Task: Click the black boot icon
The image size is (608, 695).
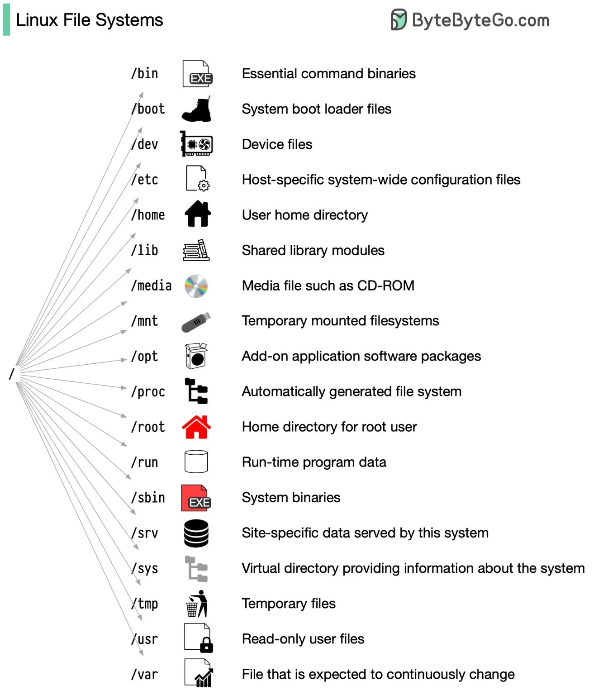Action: coord(196,109)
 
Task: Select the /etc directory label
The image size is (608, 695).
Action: coord(145,180)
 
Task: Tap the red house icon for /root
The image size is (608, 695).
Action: coord(196,427)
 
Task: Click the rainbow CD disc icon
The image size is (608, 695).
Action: coord(196,286)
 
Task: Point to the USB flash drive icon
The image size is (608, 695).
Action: coord(196,322)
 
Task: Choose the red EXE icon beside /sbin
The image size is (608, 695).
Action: coord(196,498)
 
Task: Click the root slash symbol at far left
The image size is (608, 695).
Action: coord(12,374)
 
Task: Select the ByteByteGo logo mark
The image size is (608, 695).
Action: coord(399,20)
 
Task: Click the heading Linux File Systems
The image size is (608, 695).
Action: coord(89,20)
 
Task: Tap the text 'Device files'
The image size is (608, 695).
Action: coord(277,144)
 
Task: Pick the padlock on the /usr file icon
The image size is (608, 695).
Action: coord(206,645)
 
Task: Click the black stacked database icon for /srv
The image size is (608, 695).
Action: coord(196,533)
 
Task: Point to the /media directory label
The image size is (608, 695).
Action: coord(152,286)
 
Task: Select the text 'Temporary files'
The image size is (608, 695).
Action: coord(289,604)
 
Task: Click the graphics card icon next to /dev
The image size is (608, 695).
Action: coord(196,144)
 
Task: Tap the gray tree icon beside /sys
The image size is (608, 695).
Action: coord(196,569)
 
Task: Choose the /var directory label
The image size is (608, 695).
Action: coord(145,675)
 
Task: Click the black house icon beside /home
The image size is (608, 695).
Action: coord(198,214)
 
